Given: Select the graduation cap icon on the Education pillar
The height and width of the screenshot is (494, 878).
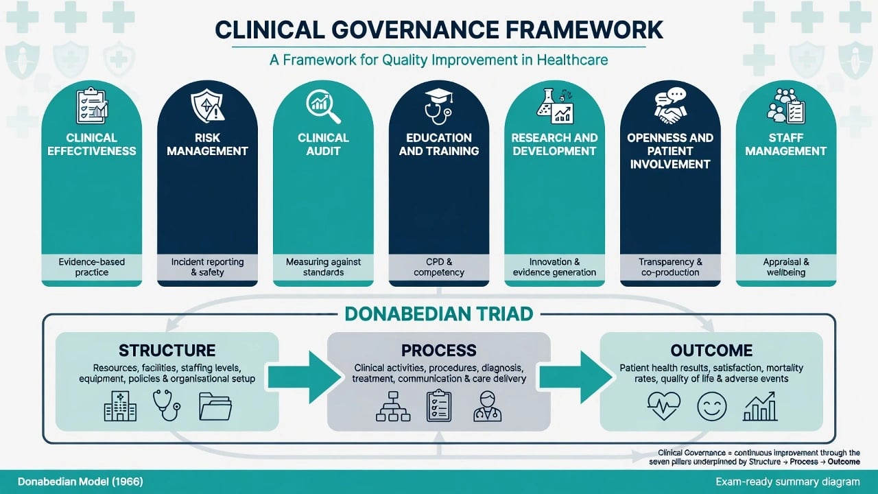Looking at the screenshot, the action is pos(438,95).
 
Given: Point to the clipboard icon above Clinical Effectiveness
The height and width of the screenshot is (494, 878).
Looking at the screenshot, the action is pos(92,106).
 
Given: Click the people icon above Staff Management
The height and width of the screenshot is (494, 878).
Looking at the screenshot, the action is pos(780,105).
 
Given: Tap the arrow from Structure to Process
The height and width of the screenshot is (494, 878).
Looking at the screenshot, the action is pos(304,377).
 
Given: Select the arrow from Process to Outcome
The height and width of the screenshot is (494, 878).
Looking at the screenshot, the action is pos(576,377).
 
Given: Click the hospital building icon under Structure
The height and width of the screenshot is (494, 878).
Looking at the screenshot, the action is pos(120,405).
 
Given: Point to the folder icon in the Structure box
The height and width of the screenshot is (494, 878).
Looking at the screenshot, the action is pos(215,407).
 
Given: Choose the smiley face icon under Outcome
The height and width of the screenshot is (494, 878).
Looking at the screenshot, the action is pos(712,406).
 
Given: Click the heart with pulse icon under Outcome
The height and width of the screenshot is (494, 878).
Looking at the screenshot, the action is pos(664,406).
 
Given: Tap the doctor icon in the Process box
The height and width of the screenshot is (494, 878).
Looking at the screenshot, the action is pos(487,406).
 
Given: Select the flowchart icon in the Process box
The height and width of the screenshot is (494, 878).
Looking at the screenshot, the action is pos(393,406).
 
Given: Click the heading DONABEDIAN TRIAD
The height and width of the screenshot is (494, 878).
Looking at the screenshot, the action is pos(439,314).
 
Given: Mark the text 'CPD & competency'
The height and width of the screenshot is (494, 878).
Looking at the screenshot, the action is pos(439,267).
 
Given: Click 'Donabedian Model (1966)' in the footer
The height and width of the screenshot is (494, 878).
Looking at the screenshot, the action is pos(80,482).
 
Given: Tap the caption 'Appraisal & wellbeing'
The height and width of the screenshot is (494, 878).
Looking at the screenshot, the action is pos(786,267).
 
